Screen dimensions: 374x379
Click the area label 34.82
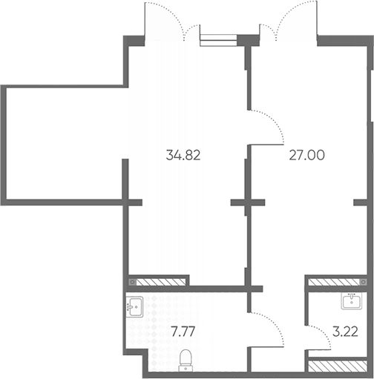click(x=183, y=155)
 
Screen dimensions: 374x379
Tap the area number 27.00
click(x=306, y=155)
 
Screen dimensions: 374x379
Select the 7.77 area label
click(x=183, y=332)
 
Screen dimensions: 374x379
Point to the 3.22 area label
click(x=345, y=332)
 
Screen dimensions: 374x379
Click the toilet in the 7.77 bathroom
click(x=186, y=360)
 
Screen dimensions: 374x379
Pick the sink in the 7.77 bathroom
click(x=134, y=307)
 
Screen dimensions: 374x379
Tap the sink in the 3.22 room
click(x=352, y=300)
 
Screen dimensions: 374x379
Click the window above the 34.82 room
click(x=218, y=40)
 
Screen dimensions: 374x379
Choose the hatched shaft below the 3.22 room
click(x=338, y=366)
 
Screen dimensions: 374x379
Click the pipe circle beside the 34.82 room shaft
click(x=133, y=282)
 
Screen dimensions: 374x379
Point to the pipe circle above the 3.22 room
click(x=364, y=282)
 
